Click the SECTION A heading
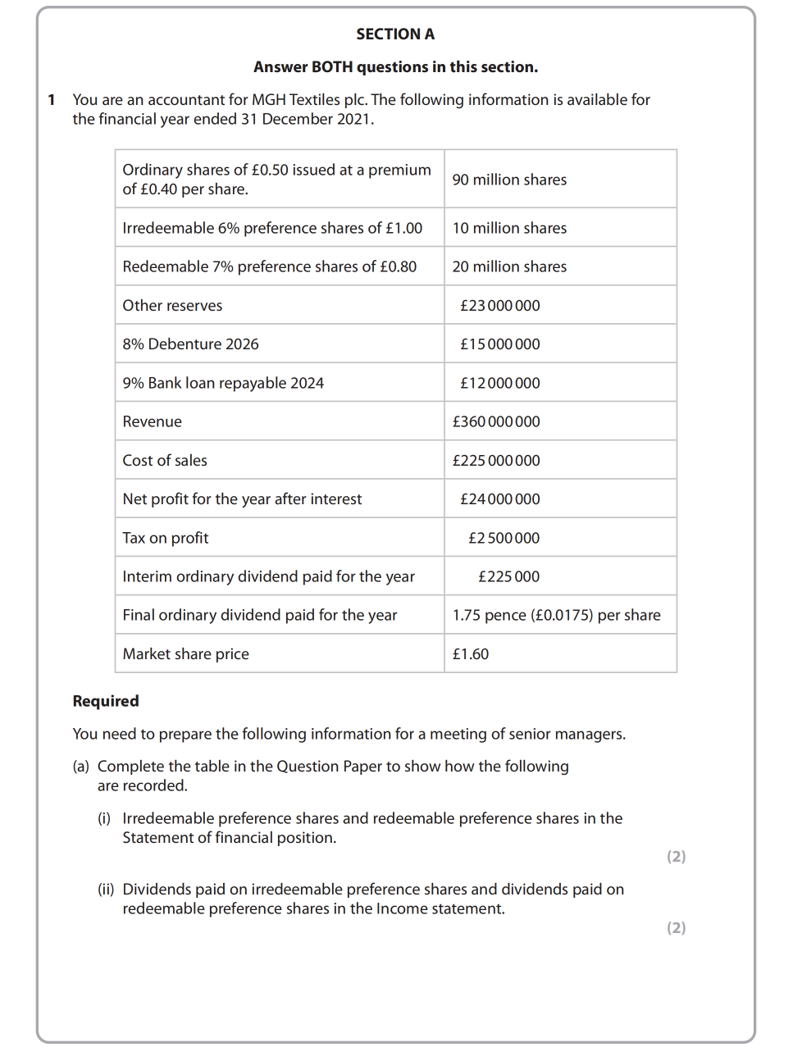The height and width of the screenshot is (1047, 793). (x=395, y=34)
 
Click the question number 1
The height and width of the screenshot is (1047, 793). (x=52, y=100)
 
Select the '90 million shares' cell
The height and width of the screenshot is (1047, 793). (x=509, y=180)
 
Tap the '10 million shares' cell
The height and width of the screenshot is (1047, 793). (x=509, y=228)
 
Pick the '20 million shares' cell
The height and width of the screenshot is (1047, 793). (x=509, y=266)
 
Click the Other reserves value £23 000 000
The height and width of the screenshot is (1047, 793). (x=499, y=306)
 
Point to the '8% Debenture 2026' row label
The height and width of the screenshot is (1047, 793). (x=190, y=344)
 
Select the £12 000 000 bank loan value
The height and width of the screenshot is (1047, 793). (x=499, y=383)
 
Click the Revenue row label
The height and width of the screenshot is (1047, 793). (x=153, y=421)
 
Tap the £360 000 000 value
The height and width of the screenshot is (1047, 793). (x=496, y=421)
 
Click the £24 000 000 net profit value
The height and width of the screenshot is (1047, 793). (x=499, y=499)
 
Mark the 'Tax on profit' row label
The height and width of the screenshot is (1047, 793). (x=166, y=538)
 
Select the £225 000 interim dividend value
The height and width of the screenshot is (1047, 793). (x=508, y=576)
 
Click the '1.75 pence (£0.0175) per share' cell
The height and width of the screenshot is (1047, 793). (x=556, y=615)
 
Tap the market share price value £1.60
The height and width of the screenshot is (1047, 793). (x=471, y=654)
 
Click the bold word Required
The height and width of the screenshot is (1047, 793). (x=106, y=701)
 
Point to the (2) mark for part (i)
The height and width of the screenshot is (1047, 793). (x=676, y=857)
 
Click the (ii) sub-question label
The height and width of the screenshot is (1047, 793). (x=106, y=890)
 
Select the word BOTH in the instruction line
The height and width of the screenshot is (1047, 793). (x=331, y=67)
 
